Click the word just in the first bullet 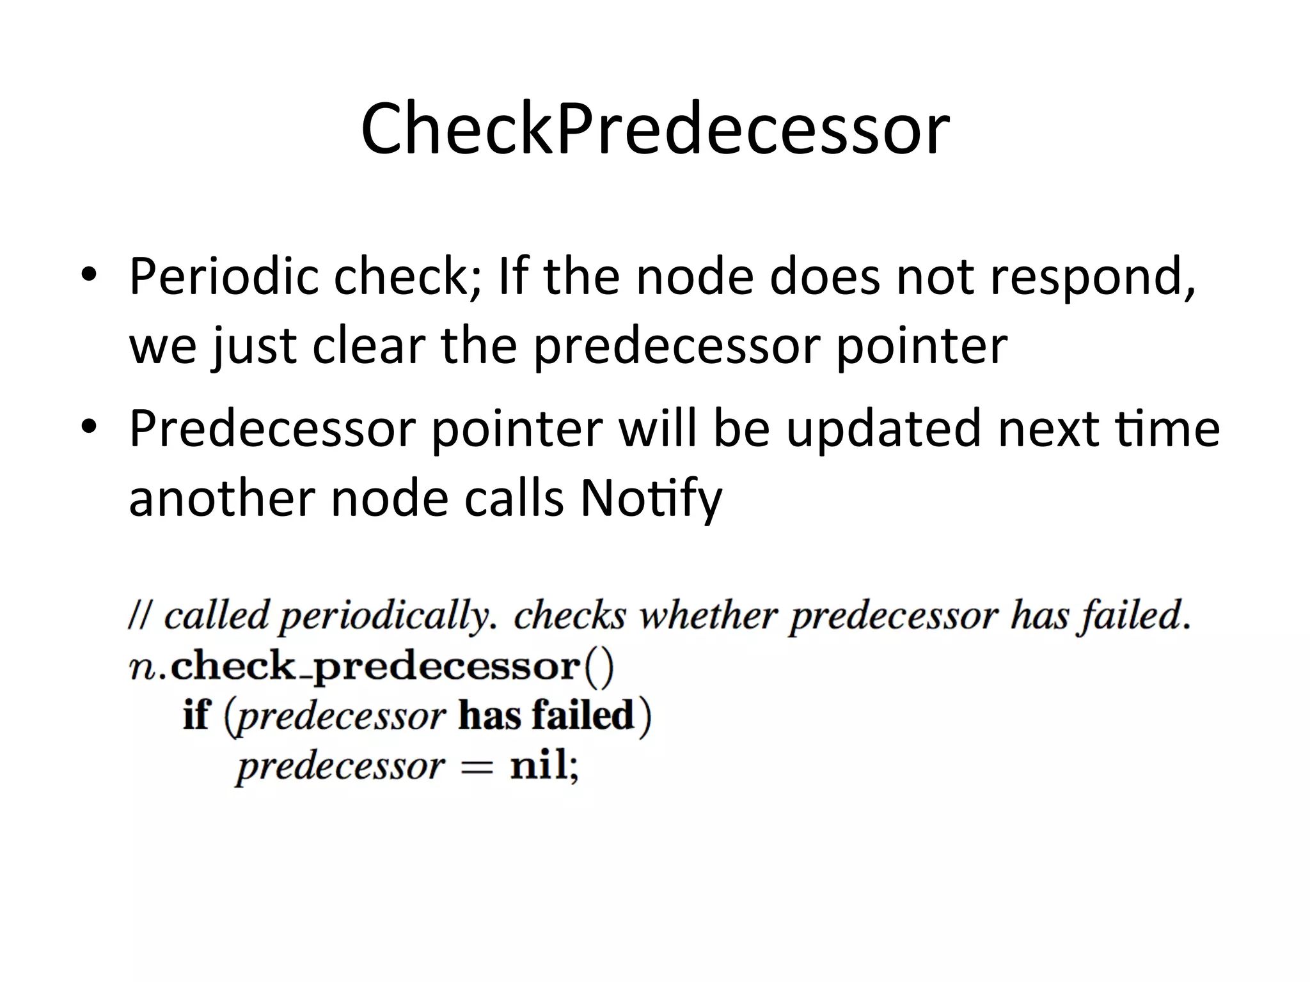[255, 346]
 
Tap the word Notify [651, 498]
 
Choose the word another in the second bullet [221, 498]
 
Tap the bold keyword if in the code [196, 715]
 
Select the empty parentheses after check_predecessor [598, 667]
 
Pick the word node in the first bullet [694, 277]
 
